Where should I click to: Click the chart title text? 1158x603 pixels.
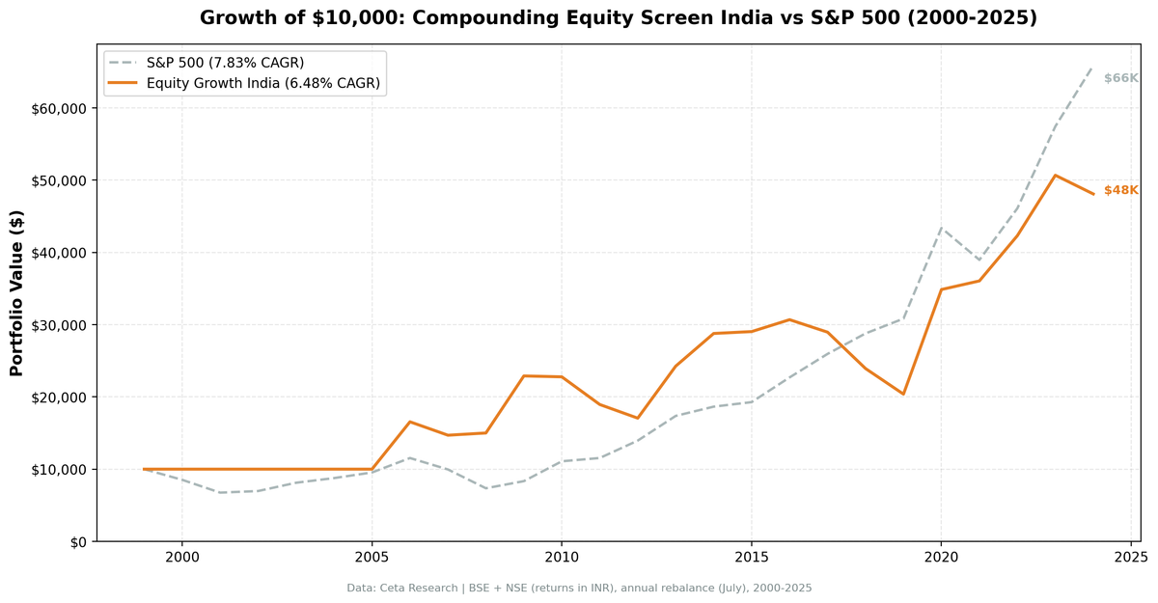click(x=618, y=18)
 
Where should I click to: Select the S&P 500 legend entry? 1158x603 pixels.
click(x=225, y=63)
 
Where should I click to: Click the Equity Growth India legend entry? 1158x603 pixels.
click(x=264, y=84)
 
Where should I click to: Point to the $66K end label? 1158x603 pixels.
click(x=1121, y=78)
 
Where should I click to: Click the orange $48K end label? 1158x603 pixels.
click(x=1121, y=190)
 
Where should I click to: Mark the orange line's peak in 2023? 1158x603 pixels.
click(x=1056, y=176)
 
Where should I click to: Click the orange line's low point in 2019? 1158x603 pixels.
click(x=903, y=394)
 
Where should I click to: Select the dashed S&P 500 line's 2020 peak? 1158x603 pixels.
click(x=942, y=229)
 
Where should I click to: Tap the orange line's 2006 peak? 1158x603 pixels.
click(x=409, y=422)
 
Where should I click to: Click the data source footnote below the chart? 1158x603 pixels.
click(x=579, y=588)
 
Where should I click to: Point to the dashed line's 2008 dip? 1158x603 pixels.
click(x=485, y=488)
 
